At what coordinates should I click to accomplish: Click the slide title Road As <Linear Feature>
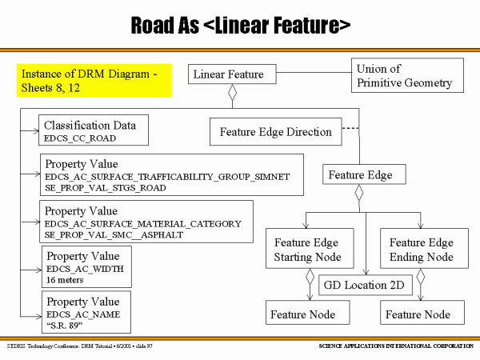pos(240,25)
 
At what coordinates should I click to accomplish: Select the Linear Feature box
pos(228,74)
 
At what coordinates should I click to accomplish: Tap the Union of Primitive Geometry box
pos(403,76)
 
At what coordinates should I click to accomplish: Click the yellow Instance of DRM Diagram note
pos(96,80)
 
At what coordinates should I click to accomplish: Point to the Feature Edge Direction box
pos(275,132)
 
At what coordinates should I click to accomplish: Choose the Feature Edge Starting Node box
pos(307,250)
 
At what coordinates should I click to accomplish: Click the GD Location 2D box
pos(364,285)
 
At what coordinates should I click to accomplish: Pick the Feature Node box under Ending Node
pos(422,314)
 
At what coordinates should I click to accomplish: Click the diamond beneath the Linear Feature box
pos(233,94)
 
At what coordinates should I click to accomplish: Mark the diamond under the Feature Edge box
pos(359,194)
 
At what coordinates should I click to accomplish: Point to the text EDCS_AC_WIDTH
pos(84,269)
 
